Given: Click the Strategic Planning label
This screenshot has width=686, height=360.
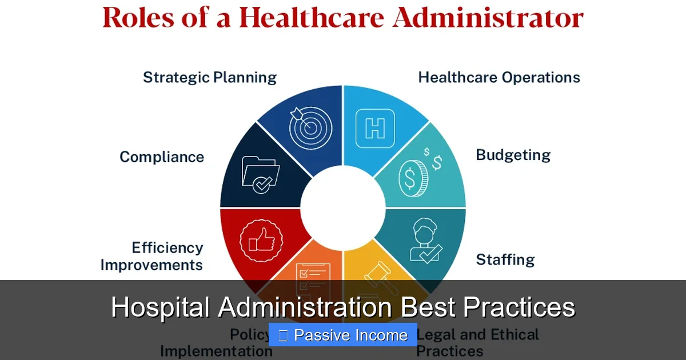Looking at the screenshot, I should pos(209,78).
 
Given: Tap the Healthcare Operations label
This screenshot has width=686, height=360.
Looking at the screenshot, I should pos(499,78).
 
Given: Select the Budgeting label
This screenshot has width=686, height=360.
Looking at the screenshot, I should pos(513,155).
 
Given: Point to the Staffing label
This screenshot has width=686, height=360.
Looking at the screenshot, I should pos(505,260).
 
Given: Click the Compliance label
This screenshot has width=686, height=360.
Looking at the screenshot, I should pos(162,157).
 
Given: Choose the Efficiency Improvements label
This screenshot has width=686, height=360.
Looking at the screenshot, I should pos(152,257).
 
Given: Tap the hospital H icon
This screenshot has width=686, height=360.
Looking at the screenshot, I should pos(375,128).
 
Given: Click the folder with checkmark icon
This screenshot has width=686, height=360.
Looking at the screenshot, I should pos(261,175).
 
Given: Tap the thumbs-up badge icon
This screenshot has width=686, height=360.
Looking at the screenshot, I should pos(260,241).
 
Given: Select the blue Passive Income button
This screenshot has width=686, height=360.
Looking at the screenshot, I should pos(343,335).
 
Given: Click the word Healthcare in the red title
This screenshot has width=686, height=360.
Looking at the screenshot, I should pos(312,18).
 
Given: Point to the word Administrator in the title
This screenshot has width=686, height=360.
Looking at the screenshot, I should pos(488,18).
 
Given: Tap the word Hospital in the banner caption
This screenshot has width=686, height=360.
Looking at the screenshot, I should pos(161,307).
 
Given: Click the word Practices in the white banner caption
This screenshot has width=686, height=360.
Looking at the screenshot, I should pos(519,307).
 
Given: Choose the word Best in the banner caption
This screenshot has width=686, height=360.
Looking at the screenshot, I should pos(428,307).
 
